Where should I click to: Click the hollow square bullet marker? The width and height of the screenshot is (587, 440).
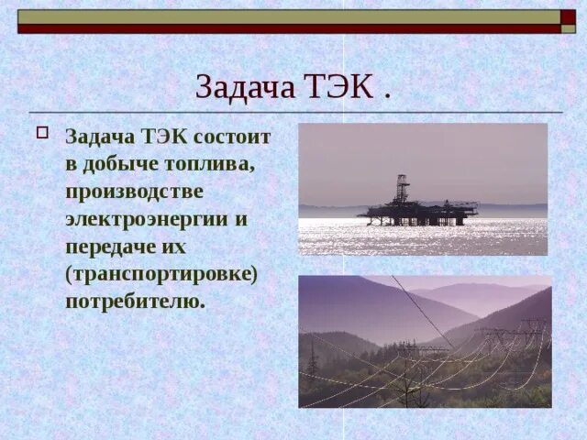[x=41, y=131]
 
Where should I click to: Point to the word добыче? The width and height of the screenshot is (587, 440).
[x=119, y=165]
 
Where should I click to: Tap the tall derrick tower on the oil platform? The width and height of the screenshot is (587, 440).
[x=402, y=189]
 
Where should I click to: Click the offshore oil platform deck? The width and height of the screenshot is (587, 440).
[x=418, y=212]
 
